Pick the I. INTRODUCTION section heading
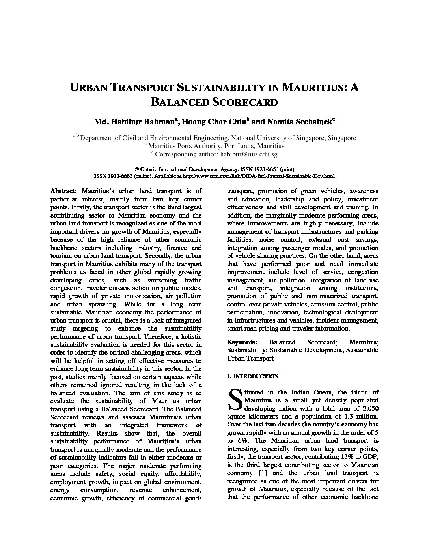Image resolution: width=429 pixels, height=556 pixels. pos(253,376)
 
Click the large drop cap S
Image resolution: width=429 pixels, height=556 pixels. pos(235,399)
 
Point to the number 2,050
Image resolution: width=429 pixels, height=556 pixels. pos(370,408)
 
